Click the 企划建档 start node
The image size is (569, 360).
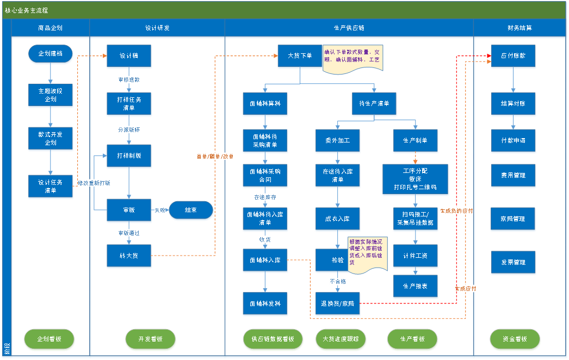51,54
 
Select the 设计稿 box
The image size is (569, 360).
129,56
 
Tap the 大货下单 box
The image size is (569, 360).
300,56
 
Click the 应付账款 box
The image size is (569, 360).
514,56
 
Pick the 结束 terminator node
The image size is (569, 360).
190,210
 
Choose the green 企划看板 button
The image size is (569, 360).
49,339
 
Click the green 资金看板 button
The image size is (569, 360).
515,339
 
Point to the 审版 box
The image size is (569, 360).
129,210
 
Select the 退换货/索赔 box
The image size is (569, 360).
338,304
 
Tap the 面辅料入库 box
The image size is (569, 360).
265,260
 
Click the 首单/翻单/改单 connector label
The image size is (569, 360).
215,157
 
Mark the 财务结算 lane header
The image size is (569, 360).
521,28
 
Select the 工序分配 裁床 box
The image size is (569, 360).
416,179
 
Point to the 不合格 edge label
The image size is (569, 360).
337,282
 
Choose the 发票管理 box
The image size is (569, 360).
514,262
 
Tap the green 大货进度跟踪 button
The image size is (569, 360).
337,339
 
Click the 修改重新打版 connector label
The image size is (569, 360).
94,183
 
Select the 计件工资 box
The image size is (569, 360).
416,256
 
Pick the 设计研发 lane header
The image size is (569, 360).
157,28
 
